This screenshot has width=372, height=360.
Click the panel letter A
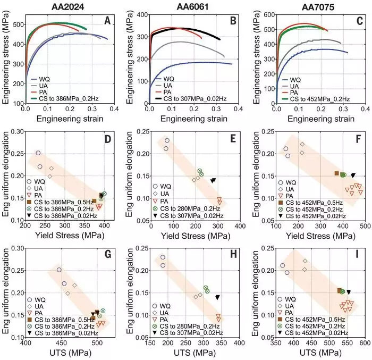tap(107, 22)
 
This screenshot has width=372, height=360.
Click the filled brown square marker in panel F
tap(336, 173)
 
